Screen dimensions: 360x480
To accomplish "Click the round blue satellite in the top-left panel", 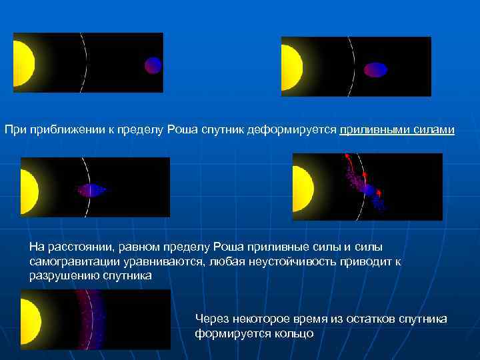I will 153,64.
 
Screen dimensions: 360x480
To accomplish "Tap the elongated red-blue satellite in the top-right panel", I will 375,69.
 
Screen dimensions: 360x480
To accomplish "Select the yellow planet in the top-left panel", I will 23,63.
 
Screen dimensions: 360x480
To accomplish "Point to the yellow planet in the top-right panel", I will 292,67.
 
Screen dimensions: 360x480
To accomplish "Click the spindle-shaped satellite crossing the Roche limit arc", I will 90,190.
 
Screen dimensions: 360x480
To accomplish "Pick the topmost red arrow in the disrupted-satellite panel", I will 347,157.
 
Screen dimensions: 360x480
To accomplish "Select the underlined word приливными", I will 370,129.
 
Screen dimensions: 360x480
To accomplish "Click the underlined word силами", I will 433,129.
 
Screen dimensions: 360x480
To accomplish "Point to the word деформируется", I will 300,129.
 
